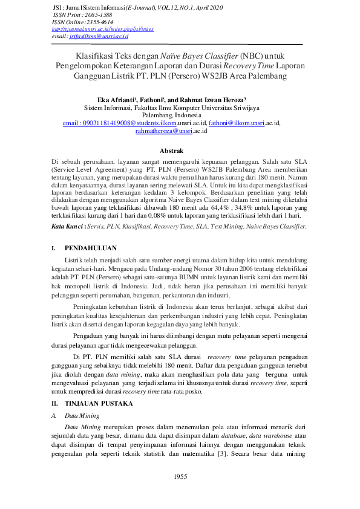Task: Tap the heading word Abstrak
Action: [171, 150]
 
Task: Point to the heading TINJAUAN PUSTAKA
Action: [99, 403]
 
